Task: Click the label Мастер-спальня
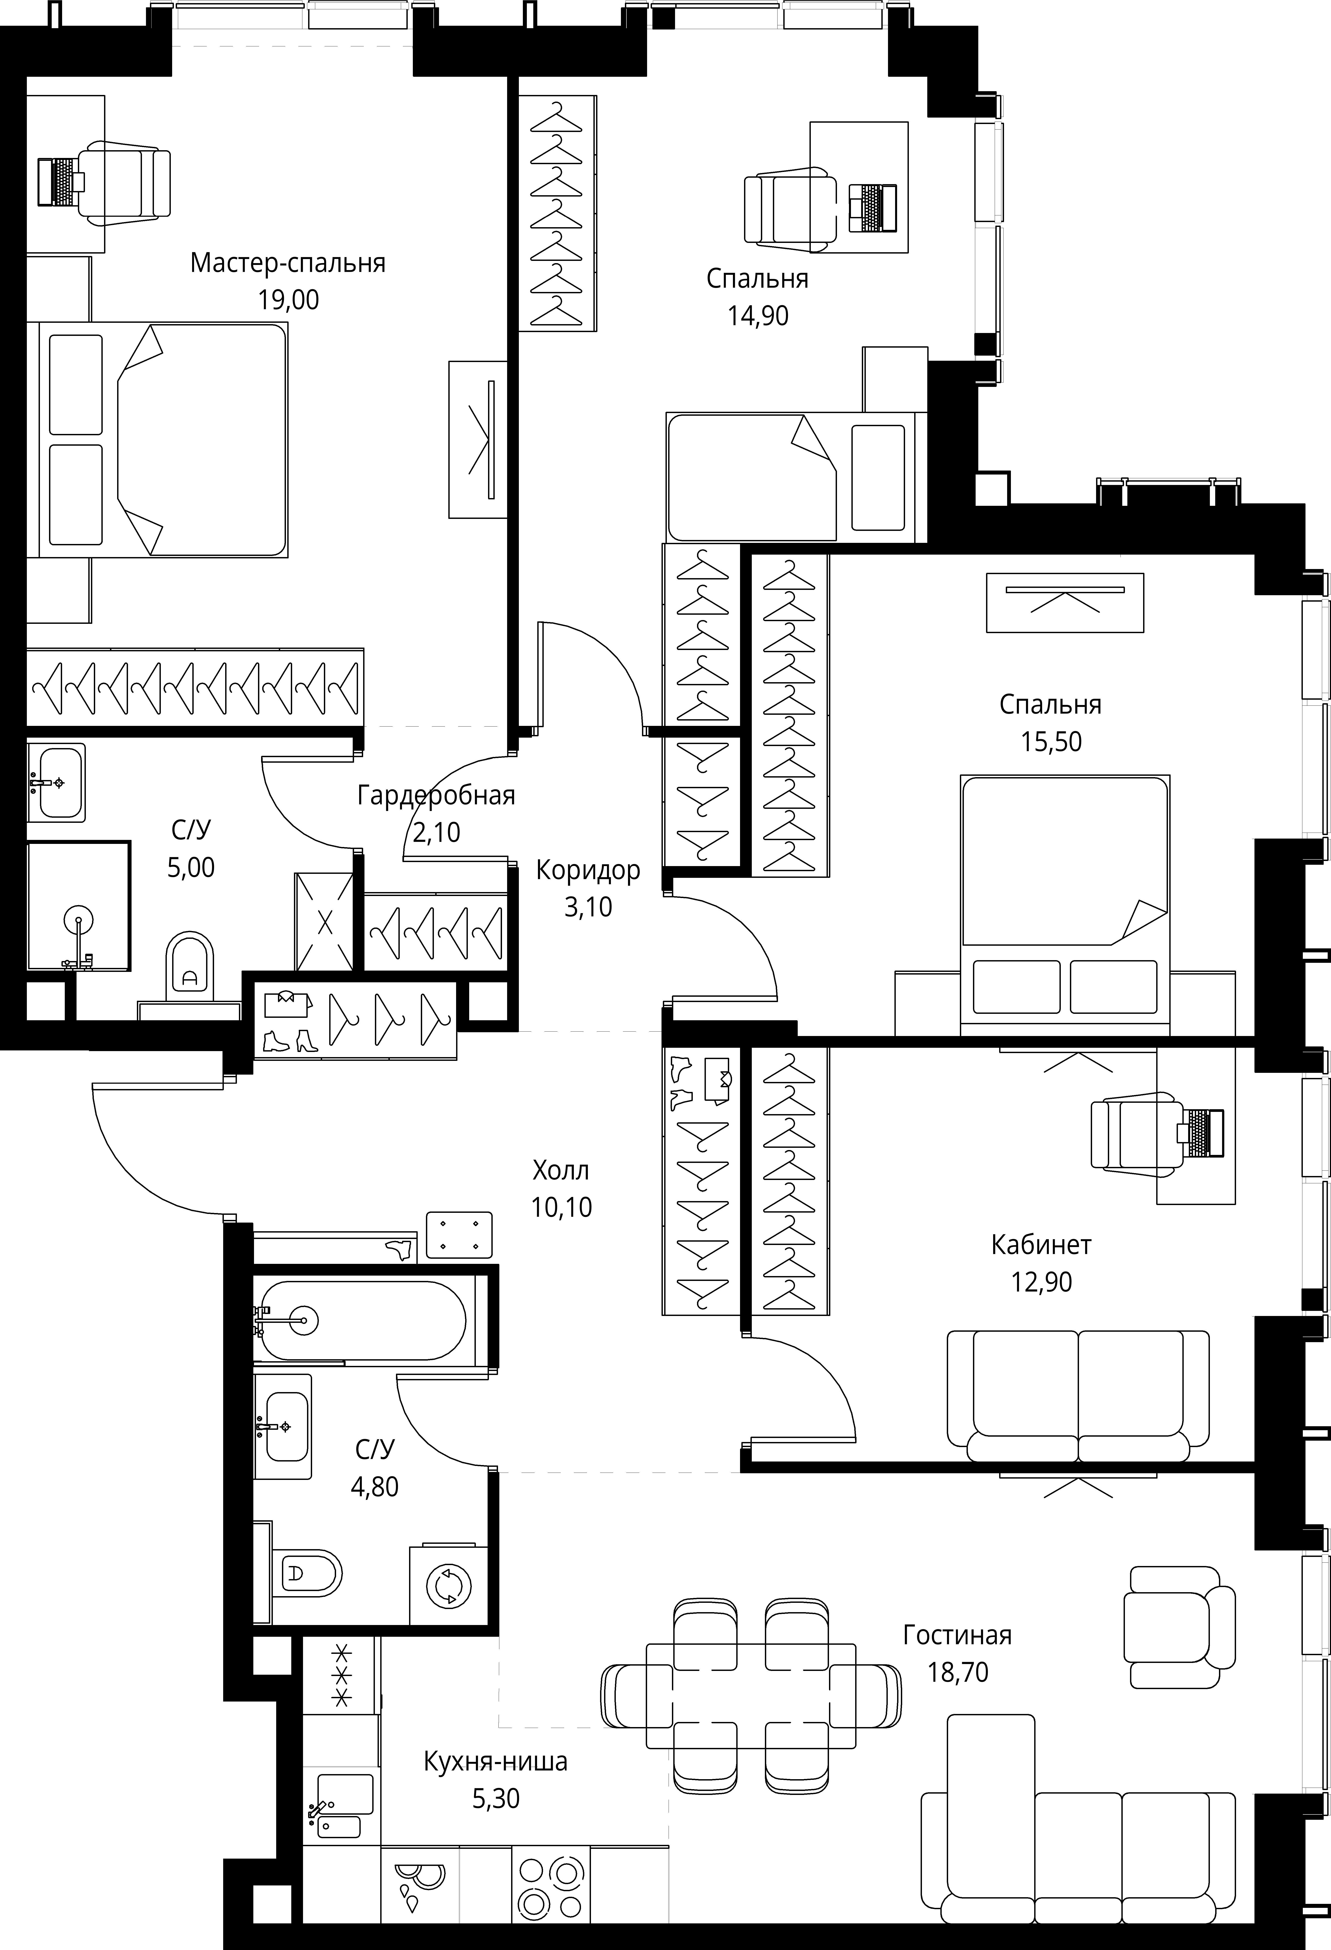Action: point(288,263)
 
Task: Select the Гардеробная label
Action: point(436,795)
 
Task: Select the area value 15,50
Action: point(1051,742)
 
